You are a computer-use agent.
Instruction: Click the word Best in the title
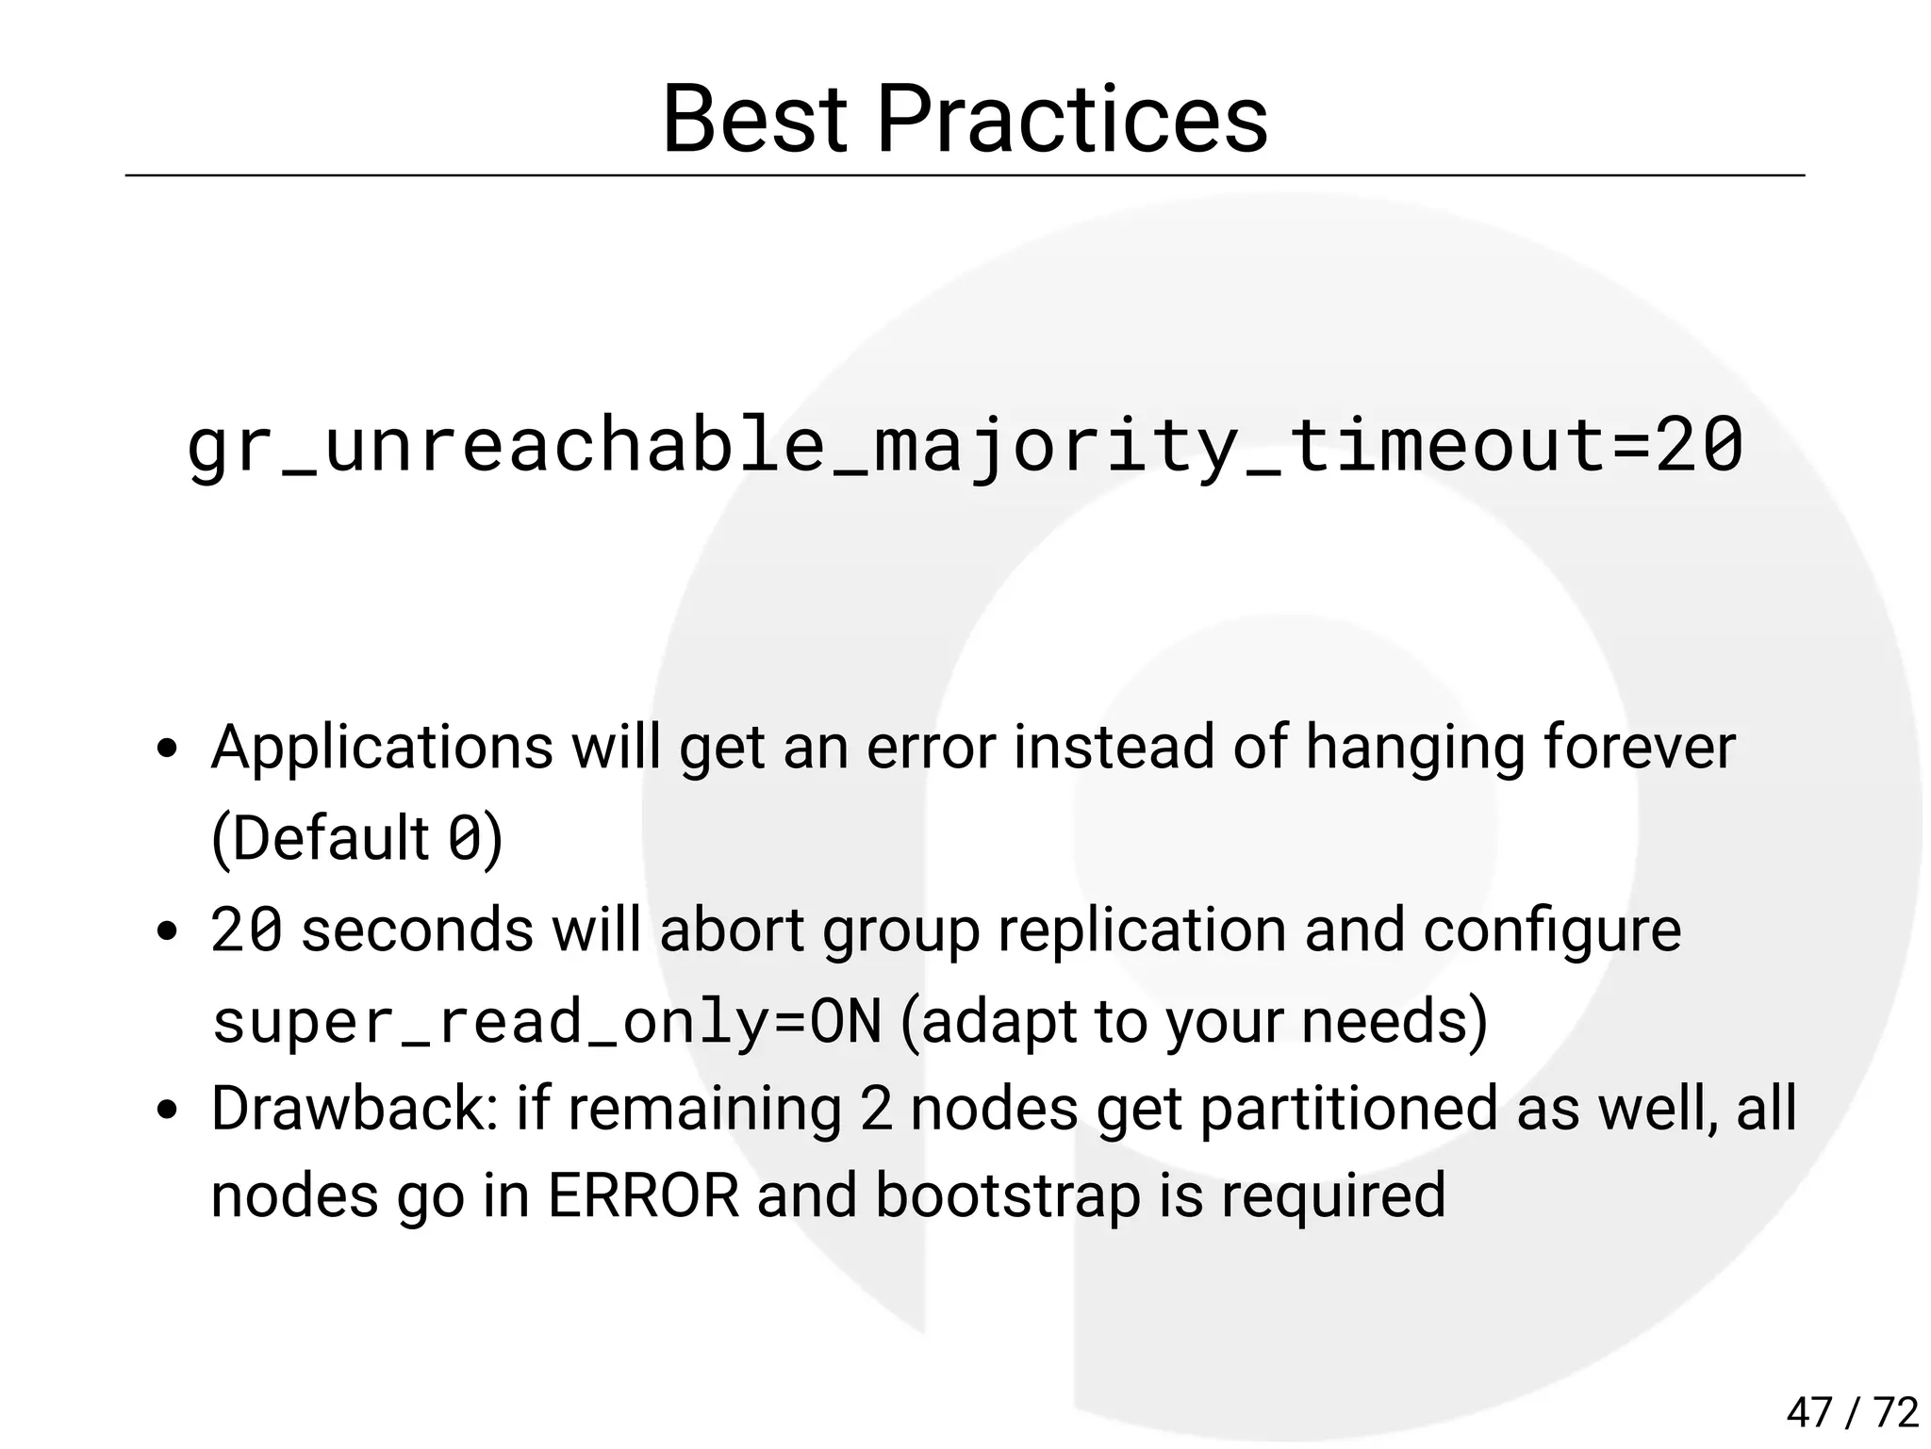pyautogui.click(x=754, y=120)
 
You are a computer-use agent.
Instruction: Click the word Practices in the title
pyautogui.click(x=1072, y=120)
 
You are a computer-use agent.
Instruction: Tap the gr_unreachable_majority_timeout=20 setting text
pyautogui.click(x=965, y=446)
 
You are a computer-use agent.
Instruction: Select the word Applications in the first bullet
pyautogui.click(x=382, y=748)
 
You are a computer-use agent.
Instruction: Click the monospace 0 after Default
pyautogui.click(x=464, y=838)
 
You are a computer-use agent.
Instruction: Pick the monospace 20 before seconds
pyautogui.click(x=246, y=930)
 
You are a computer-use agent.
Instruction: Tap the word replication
pyautogui.click(x=1142, y=930)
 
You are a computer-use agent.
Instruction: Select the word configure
pyautogui.click(x=1552, y=930)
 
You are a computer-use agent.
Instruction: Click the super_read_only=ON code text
pyautogui.click(x=547, y=1021)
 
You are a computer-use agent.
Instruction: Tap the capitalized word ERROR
pyautogui.click(x=644, y=1196)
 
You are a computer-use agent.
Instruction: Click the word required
pyautogui.click(x=1333, y=1196)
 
